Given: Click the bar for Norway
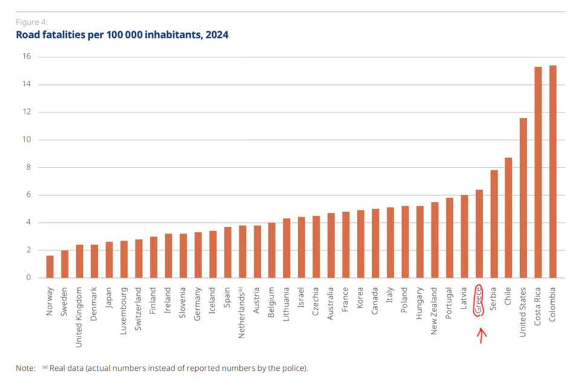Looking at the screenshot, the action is [50, 266].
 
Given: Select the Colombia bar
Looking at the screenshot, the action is [553, 172].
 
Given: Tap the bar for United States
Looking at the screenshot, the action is [523, 198].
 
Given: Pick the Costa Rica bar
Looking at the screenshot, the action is [538, 172].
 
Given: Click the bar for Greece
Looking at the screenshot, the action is [479, 234].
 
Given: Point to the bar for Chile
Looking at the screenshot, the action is [508, 218].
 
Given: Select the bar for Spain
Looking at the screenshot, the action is [228, 252].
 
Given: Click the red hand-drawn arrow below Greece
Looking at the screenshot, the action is [481, 335].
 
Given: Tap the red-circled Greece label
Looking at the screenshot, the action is [478, 300].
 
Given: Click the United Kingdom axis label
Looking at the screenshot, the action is [79, 317].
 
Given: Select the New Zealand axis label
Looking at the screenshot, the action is [434, 311].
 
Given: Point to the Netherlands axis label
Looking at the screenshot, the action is [242, 313].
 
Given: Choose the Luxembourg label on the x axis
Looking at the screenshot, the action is [123, 311].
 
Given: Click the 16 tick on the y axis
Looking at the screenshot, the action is [27, 56].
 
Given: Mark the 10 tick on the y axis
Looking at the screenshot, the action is [27, 140].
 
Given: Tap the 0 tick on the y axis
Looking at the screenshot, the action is [28, 277].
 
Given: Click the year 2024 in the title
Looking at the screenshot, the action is [217, 35].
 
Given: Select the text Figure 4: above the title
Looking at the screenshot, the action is [31, 22].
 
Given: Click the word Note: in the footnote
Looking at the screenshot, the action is [25, 368].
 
